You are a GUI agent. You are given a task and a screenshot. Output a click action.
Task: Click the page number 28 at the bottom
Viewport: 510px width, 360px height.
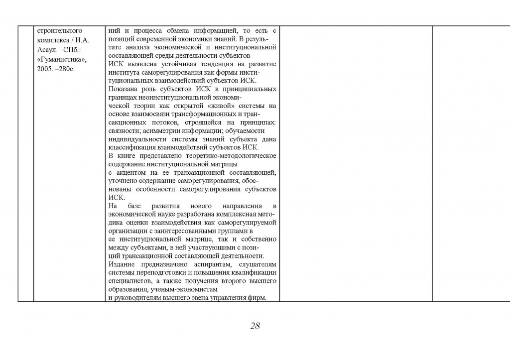[255, 326]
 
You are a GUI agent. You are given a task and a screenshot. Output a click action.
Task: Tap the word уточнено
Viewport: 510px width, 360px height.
[123, 181]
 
